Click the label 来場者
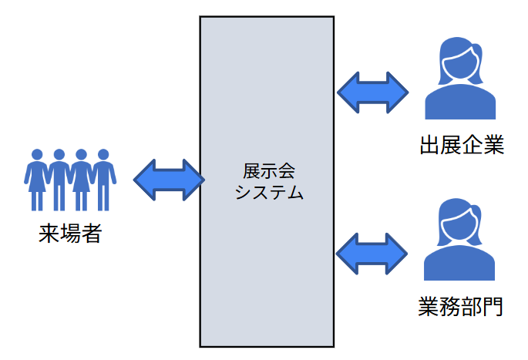point(70,233)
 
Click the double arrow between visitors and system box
point(169,180)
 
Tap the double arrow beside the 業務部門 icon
point(372,253)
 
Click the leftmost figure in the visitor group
point(36,180)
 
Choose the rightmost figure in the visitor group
point(103,180)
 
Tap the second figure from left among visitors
point(59,180)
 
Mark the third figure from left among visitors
point(81,180)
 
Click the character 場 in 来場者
point(70,233)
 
